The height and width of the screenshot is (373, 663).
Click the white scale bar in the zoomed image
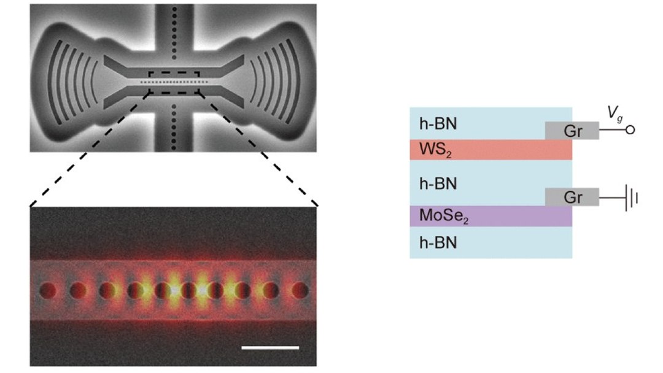(x=270, y=348)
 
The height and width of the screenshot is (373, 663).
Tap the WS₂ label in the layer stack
(x=435, y=150)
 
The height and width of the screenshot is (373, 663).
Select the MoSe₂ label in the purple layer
(x=444, y=216)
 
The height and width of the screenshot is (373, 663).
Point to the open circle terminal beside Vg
(x=630, y=129)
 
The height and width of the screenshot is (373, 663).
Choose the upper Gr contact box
(x=572, y=131)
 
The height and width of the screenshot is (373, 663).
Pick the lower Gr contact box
(x=572, y=197)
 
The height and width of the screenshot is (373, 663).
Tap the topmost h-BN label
(x=438, y=124)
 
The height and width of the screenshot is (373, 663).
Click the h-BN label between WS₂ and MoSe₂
(x=438, y=184)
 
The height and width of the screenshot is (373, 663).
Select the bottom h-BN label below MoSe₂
(x=438, y=243)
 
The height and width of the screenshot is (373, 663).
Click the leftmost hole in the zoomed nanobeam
(x=48, y=291)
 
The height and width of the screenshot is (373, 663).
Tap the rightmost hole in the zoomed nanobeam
(x=300, y=291)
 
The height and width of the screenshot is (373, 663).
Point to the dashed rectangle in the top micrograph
(x=174, y=72)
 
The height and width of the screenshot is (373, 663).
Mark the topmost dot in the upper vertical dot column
(x=174, y=9)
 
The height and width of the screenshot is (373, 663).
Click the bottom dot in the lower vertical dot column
(x=174, y=148)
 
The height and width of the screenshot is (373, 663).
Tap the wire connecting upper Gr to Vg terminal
(x=612, y=129)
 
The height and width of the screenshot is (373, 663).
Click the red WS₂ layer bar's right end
(x=572, y=150)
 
